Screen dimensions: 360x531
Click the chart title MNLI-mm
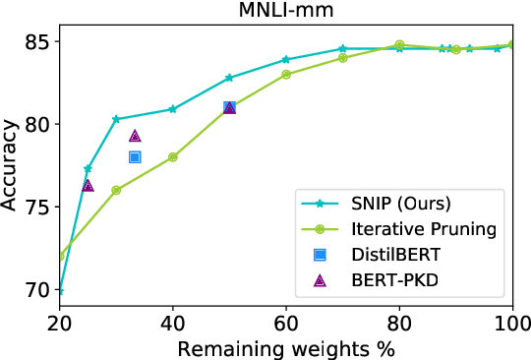(x=285, y=12)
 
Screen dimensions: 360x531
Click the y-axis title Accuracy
(x=12, y=165)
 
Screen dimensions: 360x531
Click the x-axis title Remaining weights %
(x=285, y=347)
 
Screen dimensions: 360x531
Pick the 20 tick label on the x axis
(x=60, y=322)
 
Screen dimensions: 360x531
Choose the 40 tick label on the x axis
(x=173, y=322)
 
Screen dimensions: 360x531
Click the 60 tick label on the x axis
(x=286, y=322)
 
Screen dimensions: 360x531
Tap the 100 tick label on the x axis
(x=511, y=322)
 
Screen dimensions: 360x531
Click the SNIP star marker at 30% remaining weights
(x=116, y=119)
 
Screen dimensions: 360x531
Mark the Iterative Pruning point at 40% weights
(x=173, y=156)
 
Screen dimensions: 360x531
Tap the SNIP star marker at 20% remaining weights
(x=60, y=291)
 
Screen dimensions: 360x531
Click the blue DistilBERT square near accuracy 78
(x=135, y=156)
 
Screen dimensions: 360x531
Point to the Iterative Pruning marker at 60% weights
(x=286, y=74)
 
